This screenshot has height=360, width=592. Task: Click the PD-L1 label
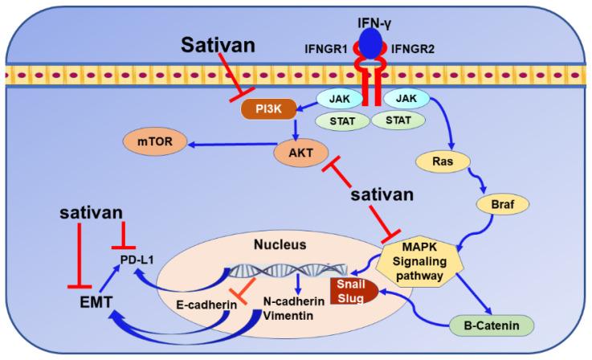130,261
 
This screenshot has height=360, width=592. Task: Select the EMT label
92,302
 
